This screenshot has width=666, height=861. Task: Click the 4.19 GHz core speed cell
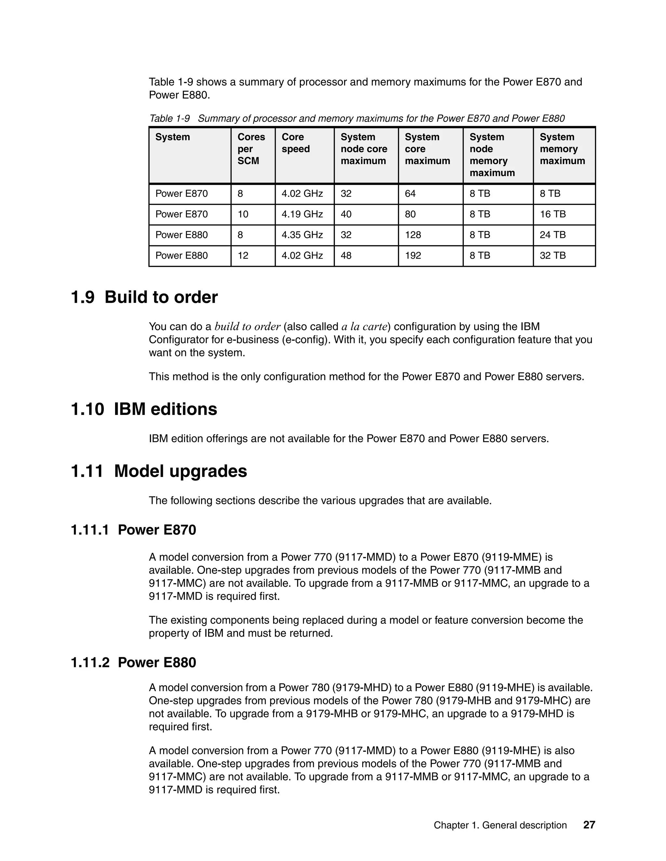(302, 214)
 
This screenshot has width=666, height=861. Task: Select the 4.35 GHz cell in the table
(302, 235)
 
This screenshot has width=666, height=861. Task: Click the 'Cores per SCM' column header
(251, 149)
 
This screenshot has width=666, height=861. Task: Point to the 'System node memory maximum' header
(492, 155)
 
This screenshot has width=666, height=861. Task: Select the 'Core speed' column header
(296, 143)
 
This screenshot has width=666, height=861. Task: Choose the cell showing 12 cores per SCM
(243, 255)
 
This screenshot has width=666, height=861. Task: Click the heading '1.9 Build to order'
(144, 297)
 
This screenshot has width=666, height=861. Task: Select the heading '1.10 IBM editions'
(144, 409)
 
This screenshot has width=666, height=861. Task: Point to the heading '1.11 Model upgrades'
(159, 471)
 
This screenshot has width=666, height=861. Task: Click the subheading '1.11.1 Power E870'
(133, 530)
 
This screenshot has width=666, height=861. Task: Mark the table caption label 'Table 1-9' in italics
(170, 118)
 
